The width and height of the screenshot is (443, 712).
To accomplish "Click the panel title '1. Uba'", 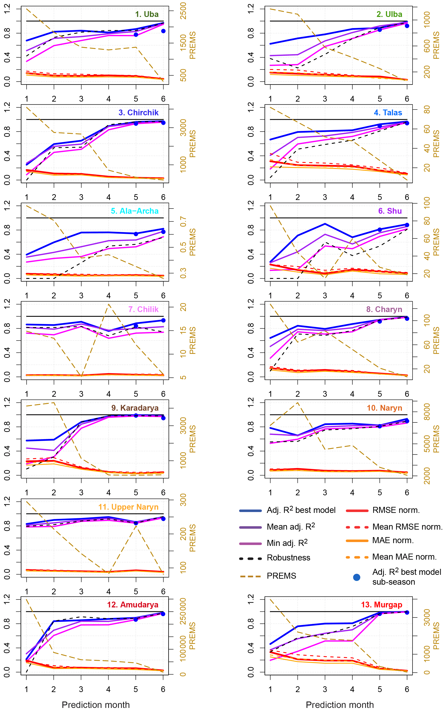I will coord(147,14).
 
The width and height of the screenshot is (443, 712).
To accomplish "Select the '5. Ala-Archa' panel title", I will coord(134,211).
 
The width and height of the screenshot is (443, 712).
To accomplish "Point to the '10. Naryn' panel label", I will coord(384,408).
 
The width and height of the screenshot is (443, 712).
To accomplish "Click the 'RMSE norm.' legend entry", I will coord(396,510).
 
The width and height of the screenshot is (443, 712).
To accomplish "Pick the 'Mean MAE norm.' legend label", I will coord(404,557).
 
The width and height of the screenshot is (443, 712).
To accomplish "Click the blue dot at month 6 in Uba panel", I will coord(163,31).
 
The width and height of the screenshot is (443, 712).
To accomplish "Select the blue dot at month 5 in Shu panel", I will coord(380,230).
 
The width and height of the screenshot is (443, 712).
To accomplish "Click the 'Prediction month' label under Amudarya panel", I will coord(96,705).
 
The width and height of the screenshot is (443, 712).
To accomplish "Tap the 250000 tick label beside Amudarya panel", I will coord(183,611).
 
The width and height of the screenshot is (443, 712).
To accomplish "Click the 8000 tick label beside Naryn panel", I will coord(427,412).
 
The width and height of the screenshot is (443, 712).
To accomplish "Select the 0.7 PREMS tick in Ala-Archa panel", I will coord(183,222).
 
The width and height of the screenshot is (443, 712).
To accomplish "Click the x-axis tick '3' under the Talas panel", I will coord(325,197).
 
